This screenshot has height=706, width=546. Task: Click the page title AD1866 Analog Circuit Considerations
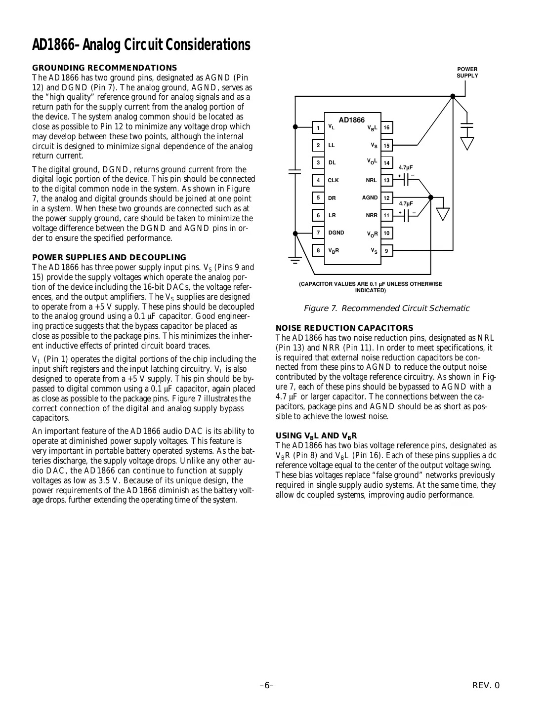pyautogui.click(x=141, y=45)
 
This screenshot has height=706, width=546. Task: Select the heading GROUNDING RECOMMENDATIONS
pyautogui.click(x=104, y=68)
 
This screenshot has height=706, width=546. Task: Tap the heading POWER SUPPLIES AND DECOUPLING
pyautogui.click(x=109, y=257)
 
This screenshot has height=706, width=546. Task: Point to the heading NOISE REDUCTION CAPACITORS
pyautogui.click(x=344, y=328)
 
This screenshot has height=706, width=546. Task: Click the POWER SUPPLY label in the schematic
pyautogui.click(x=467, y=73)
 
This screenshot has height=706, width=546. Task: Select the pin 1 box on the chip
pyautogui.click(x=318, y=128)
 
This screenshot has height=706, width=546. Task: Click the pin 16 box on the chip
pyautogui.click(x=386, y=128)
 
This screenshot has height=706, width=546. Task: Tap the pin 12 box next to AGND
pyautogui.click(x=386, y=198)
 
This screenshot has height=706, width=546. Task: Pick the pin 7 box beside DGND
pyautogui.click(x=318, y=233)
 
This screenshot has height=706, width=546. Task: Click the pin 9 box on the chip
pyautogui.click(x=386, y=251)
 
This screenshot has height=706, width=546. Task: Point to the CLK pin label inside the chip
pyautogui.click(x=334, y=181)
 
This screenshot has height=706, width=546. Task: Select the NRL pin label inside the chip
pyautogui.click(x=371, y=181)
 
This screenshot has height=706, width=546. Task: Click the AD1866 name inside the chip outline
pyautogui.click(x=351, y=120)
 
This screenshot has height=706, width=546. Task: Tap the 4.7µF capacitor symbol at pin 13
pyautogui.click(x=407, y=180)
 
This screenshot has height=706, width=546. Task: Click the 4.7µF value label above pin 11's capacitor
pyautogui.click(x=406, y=203)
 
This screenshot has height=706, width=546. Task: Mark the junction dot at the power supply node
pyautogui.click(x=453, y=97)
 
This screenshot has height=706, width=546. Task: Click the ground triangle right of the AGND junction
pyautogui.click(x=443, y=213)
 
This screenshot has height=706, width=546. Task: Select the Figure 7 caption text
pyautogui.click(x=386, y=309)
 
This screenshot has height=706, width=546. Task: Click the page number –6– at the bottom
pyautogui.click(x=267, y=685)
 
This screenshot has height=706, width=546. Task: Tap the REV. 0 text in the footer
pyautogui.click(x=486, y=685)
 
